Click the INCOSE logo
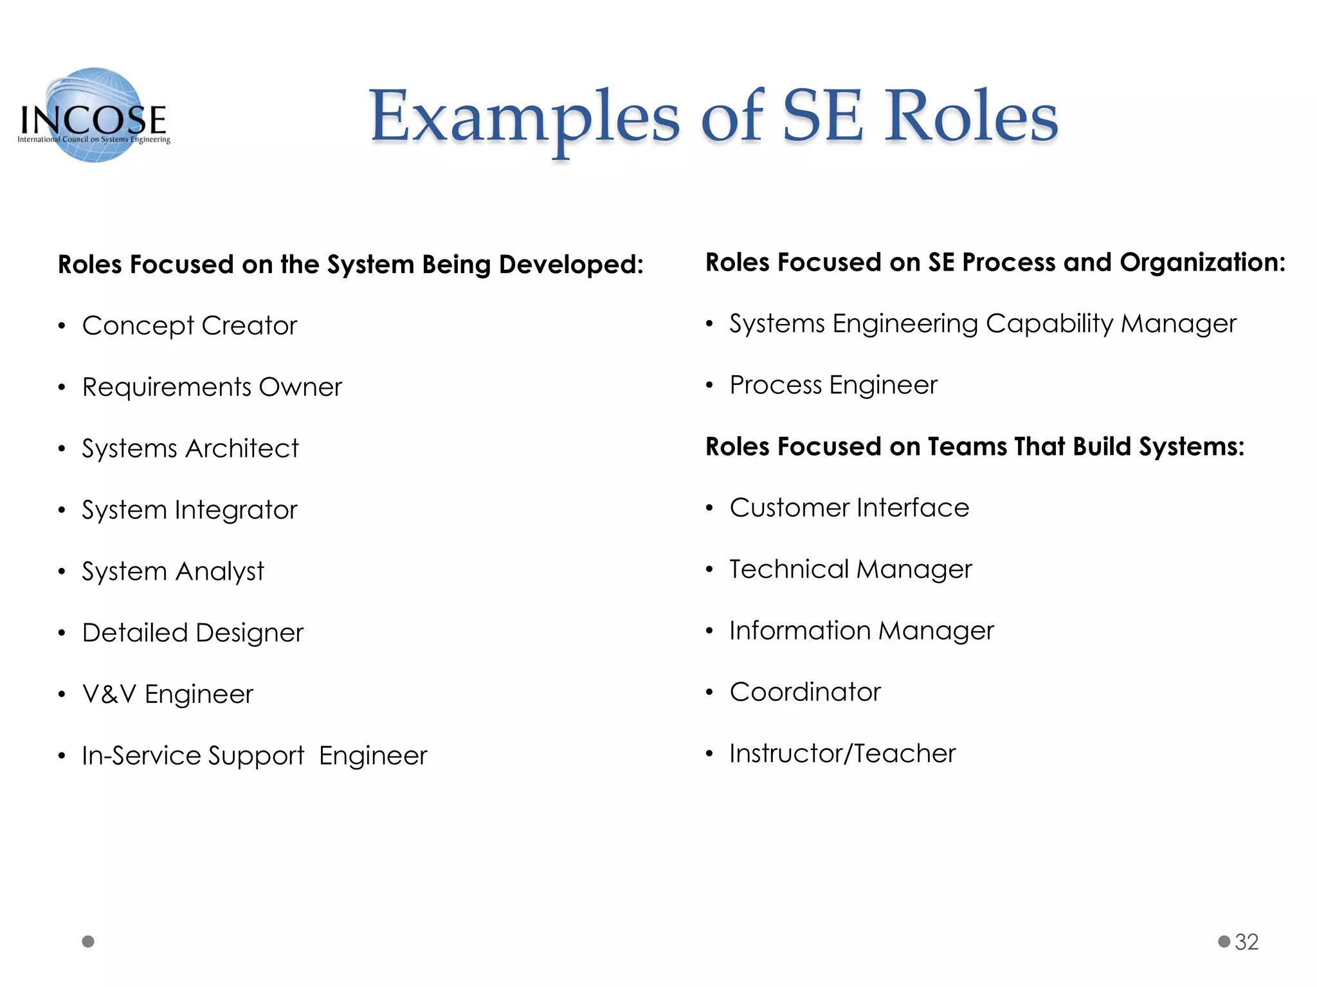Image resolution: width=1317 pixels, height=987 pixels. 94,116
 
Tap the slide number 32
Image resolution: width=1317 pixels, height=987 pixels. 1246,942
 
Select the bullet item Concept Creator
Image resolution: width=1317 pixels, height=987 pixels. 190,326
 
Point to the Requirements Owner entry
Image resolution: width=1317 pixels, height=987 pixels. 212,387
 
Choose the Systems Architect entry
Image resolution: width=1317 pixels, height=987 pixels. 190,449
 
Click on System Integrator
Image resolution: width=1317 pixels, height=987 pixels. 190,510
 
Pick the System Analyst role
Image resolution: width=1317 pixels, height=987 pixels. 173,571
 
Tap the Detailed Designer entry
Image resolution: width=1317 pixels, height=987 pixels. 193,633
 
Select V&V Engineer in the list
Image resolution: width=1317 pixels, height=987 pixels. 168,695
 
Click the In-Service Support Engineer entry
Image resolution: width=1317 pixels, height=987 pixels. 255,756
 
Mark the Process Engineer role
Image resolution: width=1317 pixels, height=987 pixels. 833,386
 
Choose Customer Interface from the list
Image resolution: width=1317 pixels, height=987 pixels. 849,508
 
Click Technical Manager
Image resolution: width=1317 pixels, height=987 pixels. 851,570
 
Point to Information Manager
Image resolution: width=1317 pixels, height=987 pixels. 862,631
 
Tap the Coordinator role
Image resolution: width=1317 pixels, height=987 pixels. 805,692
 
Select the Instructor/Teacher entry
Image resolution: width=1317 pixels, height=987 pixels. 842,754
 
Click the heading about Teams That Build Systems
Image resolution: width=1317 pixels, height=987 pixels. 975,447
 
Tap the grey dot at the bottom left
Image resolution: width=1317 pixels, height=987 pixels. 89,941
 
